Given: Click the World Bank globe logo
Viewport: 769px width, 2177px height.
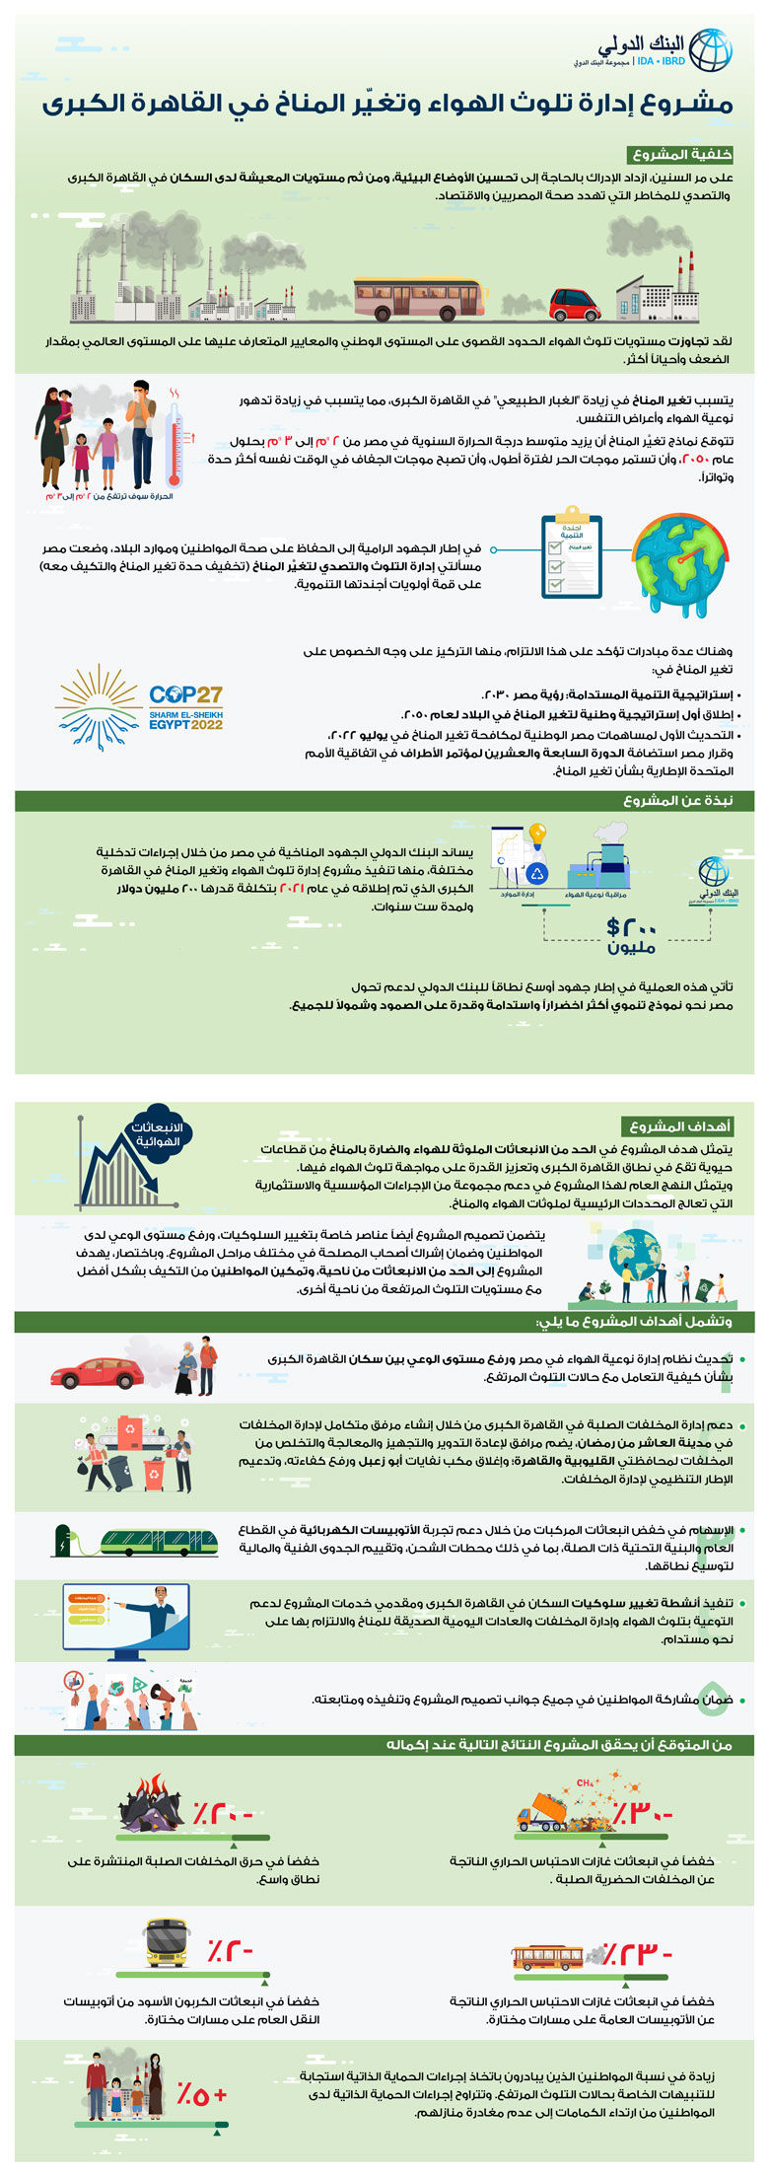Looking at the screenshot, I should (710, 50).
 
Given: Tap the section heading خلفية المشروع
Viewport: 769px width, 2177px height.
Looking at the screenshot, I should (680, 155).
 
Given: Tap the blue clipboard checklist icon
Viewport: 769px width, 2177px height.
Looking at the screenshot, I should (571, 556).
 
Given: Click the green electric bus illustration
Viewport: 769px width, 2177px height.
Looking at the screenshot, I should (158, 1541).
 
